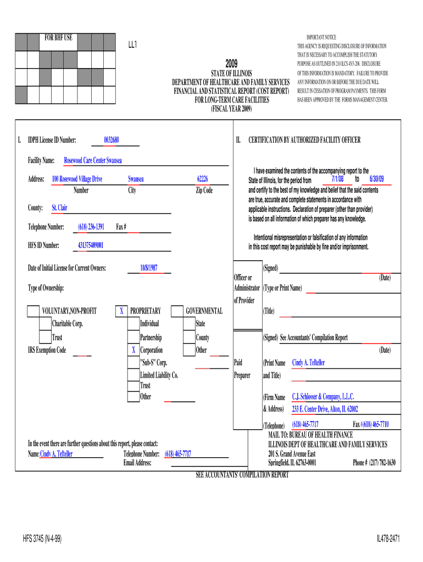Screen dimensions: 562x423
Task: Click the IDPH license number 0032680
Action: pos(112,140)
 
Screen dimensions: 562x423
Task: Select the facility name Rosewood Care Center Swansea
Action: pos(93,160)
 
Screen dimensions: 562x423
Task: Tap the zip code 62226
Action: pos(202,179)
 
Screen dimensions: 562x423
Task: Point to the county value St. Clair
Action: pos(59,208)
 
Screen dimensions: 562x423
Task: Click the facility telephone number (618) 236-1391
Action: pos(91,227)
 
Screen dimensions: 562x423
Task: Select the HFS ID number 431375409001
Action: pos(87,245)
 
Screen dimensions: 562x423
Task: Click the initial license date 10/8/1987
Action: pos(149,268)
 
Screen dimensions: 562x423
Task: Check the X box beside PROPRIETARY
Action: pos(121,311)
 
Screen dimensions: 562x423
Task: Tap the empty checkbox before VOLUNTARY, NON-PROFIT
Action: pos(33,311)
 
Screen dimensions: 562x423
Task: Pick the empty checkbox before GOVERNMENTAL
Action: pos(177,311)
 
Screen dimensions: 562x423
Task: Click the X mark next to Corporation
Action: pos(133,350)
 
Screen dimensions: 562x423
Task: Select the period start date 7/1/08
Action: pos(338,179)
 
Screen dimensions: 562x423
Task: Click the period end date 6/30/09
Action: pos(377,179)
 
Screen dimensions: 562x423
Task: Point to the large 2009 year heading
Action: pos(232,63)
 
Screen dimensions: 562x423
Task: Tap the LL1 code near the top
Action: pos(132,44)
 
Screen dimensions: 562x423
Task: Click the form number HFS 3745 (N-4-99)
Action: pos(42,539)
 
